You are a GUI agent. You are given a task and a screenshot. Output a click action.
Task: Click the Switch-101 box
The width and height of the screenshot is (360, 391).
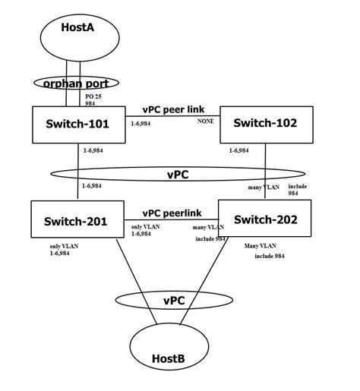coord(78,124)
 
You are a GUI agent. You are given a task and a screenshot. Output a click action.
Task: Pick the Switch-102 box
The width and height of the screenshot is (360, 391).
coord(266,123)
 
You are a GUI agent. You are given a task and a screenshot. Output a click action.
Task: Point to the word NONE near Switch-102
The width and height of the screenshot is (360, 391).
coord(205,121)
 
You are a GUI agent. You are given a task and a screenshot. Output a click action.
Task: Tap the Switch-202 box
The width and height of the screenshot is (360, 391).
coord(266,220)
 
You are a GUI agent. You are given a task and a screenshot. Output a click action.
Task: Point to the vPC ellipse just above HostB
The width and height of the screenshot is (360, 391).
coord(174,300)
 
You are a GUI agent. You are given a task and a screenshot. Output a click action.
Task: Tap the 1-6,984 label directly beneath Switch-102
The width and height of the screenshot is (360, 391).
coord(239,150)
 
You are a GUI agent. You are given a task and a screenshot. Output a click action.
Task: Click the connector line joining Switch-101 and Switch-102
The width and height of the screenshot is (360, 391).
coord(171,116)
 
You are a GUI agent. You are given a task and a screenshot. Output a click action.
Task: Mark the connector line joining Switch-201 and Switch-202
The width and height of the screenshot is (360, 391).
coord(171,222)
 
